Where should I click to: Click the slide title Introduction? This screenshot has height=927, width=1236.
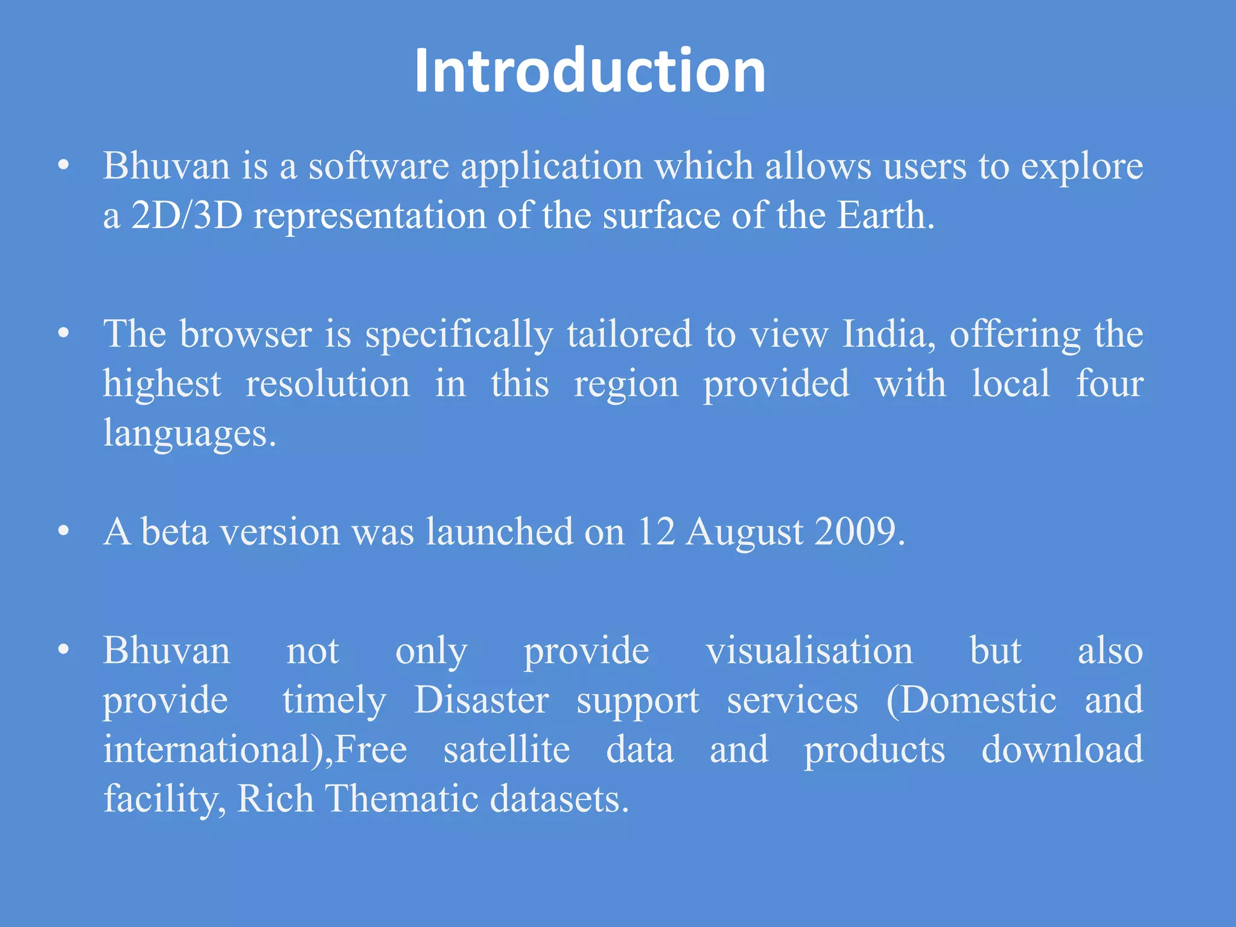(590, 71)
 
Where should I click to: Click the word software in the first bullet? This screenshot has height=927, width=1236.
(379, 166)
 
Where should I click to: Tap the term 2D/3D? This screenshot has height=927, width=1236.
(186, 215)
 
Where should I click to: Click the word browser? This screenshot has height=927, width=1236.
(246, 334)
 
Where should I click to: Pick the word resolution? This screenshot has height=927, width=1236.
(328, 384)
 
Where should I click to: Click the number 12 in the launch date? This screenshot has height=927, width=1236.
(655, 532)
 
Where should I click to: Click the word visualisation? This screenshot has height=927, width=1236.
(810, 651)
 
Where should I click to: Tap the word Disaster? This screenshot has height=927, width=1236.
(481, 700)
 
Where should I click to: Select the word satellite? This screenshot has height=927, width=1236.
(507, 750)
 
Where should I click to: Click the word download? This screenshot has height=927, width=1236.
(1062, 750)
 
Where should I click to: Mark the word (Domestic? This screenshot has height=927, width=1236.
(972, 700)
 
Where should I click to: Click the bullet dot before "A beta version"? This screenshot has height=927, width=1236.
(63, 532)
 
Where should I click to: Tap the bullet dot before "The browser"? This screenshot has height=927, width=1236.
(63, 334)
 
